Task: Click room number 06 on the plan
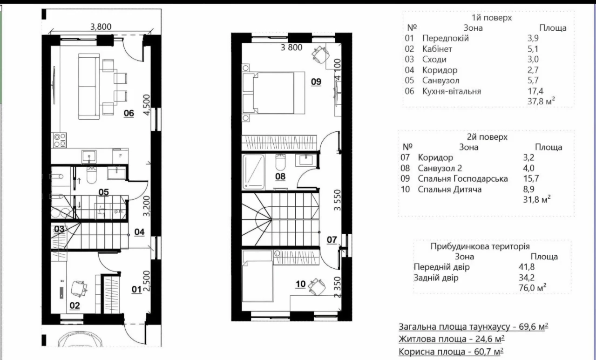coord(129,113)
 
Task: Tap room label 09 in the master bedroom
coord(316,82)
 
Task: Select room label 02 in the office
coord(74,306)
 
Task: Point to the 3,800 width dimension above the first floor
coord(101,27)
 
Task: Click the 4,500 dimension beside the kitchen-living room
coord(147,105)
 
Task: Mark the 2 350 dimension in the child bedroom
coord(337,287)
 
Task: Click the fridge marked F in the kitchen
coord(120,156)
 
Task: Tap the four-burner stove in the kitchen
coord(60,140)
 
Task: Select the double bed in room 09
coord(273,93)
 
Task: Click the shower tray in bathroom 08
coord(254,172)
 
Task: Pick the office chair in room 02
coord(79,289)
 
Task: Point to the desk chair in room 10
coord(317,286)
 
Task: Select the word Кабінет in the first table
coord(437,49)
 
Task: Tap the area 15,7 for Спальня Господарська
coord(531,178)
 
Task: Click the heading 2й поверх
coord(487,137)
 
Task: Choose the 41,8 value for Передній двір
coord(527,267)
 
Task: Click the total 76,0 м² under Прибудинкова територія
coord(532,287)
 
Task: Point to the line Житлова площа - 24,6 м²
coord(452,339)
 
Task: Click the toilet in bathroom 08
coord(280,163)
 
